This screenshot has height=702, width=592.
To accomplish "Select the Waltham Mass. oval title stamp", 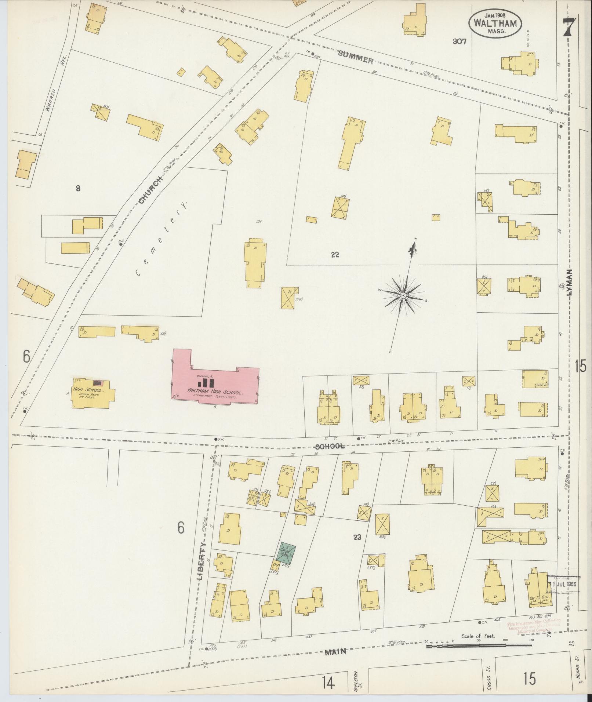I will tap(494, 23).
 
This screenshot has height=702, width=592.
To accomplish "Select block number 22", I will tap(335, 255).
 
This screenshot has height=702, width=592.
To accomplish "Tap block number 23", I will tap(357, 538).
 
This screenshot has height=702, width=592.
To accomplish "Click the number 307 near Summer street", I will tap(459, 42).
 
